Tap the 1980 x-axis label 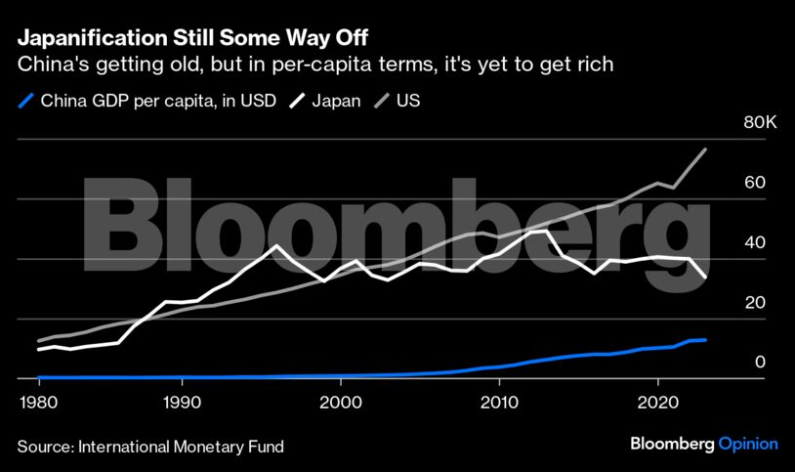[x=37, y=402]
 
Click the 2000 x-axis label [x=340, y=402]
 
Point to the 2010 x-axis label [x=498, y=402]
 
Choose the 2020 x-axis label [x=657, y=402]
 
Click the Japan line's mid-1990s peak [x=277, y=245]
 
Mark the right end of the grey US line [x=705, y=150]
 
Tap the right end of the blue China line [x=705, y=340]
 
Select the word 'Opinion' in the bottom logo [x=748, y=444]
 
